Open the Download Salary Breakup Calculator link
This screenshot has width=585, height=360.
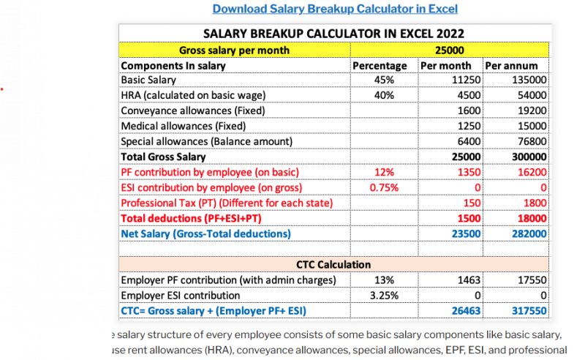coord(335,9)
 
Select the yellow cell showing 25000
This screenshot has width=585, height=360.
coord(449,50)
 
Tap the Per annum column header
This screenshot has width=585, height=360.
coord(511,66)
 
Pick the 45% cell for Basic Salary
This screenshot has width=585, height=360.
coord(385,80)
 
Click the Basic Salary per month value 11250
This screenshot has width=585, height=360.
coord(466,80)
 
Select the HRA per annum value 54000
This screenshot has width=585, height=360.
coord(532,95)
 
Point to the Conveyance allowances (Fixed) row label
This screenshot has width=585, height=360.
coord(192,110)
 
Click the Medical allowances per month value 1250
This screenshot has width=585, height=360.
coord(469,126)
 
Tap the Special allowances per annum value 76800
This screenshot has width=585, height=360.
coord(532,141)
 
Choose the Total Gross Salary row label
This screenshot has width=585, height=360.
coord(163,157)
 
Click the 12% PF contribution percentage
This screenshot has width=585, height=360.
coord(385,172)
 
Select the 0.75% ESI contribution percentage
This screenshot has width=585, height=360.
coord(385,187)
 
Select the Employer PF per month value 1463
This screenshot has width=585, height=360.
coord(468,280)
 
